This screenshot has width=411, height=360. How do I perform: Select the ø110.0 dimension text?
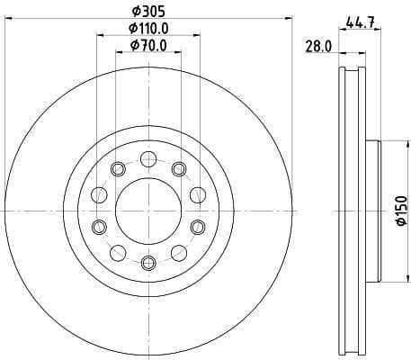(148, 29)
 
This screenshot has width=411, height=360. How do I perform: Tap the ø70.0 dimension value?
(148, 45)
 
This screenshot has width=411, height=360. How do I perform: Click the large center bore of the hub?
(148, 211)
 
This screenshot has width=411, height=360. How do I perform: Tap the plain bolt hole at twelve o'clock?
(148, 159)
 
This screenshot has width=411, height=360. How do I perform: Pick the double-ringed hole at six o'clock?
(148, 262)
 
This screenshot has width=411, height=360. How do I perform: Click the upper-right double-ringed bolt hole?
(179, 169)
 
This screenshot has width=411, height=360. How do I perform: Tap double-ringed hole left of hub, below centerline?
(99, 226)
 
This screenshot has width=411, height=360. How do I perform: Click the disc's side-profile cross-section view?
(353, 211)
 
